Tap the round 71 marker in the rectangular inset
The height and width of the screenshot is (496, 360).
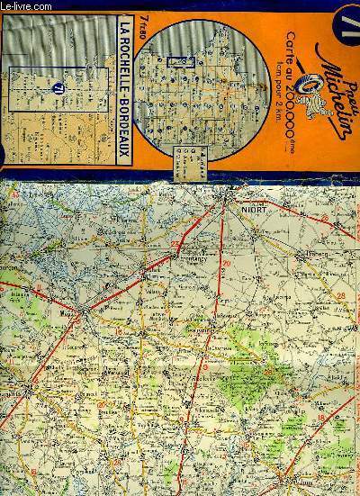(x=56, y=86)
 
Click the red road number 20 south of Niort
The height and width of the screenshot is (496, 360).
(x=227, y=263)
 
